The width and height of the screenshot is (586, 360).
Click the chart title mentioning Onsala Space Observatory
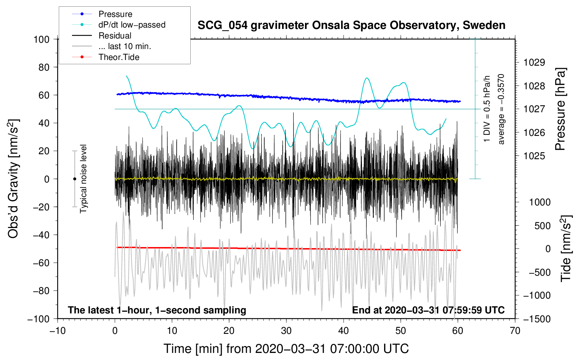point(351,25)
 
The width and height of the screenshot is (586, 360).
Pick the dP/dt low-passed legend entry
point(132,25)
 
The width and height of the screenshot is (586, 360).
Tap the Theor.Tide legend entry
point(119,57)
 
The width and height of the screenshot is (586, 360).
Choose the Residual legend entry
point(115,36)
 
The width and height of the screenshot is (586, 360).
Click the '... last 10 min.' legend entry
point(125,46)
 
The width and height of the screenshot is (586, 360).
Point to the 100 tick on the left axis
point(41,39)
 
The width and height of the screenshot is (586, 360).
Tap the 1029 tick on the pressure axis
point(534,62)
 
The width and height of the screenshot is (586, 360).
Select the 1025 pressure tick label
point(534,156)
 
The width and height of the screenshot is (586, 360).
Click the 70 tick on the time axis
point(515,331)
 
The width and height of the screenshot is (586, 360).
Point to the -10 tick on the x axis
point(58,331)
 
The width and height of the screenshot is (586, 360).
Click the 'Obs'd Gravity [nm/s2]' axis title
point(13,179)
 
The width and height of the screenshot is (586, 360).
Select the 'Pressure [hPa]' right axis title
point(560,109)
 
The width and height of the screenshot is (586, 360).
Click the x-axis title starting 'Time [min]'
point(286,349)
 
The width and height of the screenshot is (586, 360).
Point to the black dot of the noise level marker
point(74,179)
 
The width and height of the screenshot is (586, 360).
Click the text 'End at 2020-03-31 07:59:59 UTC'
point(428,310)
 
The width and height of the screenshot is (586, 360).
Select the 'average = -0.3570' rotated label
point(501,109)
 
